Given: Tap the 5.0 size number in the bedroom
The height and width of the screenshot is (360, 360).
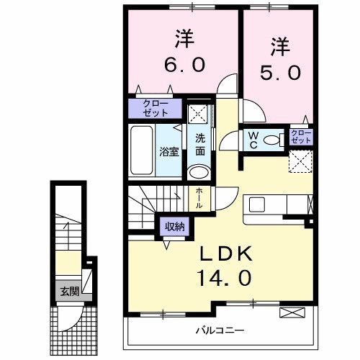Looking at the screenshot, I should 276,71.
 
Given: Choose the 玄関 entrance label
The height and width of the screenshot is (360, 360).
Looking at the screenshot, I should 69,292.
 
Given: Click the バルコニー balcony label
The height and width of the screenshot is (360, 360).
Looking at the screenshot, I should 220,331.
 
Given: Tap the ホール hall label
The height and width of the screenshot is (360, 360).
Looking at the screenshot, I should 199,198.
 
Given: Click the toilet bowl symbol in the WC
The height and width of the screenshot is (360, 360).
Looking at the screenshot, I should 272,140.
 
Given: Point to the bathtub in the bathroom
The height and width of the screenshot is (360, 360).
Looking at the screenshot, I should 143,150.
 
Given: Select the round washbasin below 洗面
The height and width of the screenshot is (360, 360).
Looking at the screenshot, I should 198,171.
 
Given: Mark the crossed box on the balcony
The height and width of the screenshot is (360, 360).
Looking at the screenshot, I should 292,312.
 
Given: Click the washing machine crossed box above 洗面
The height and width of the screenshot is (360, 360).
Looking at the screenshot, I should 198,114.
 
